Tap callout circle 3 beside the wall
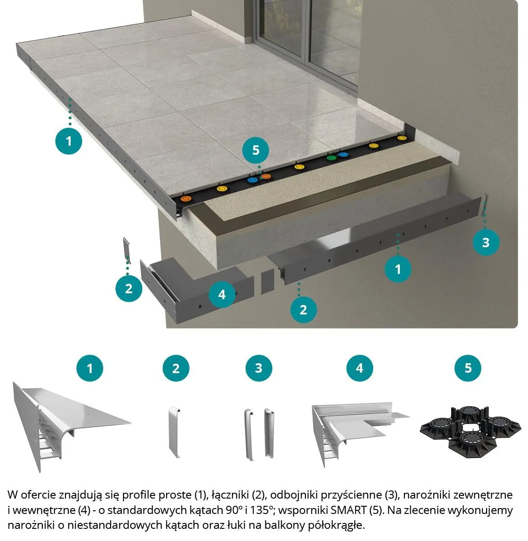(486, 242)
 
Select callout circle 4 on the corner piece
(222, 294)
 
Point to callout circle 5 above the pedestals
(256, 150)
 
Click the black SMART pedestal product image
(470, 432)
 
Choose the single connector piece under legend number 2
(174, 432)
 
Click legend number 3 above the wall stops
(259, 368)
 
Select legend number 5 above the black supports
(468, 368)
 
